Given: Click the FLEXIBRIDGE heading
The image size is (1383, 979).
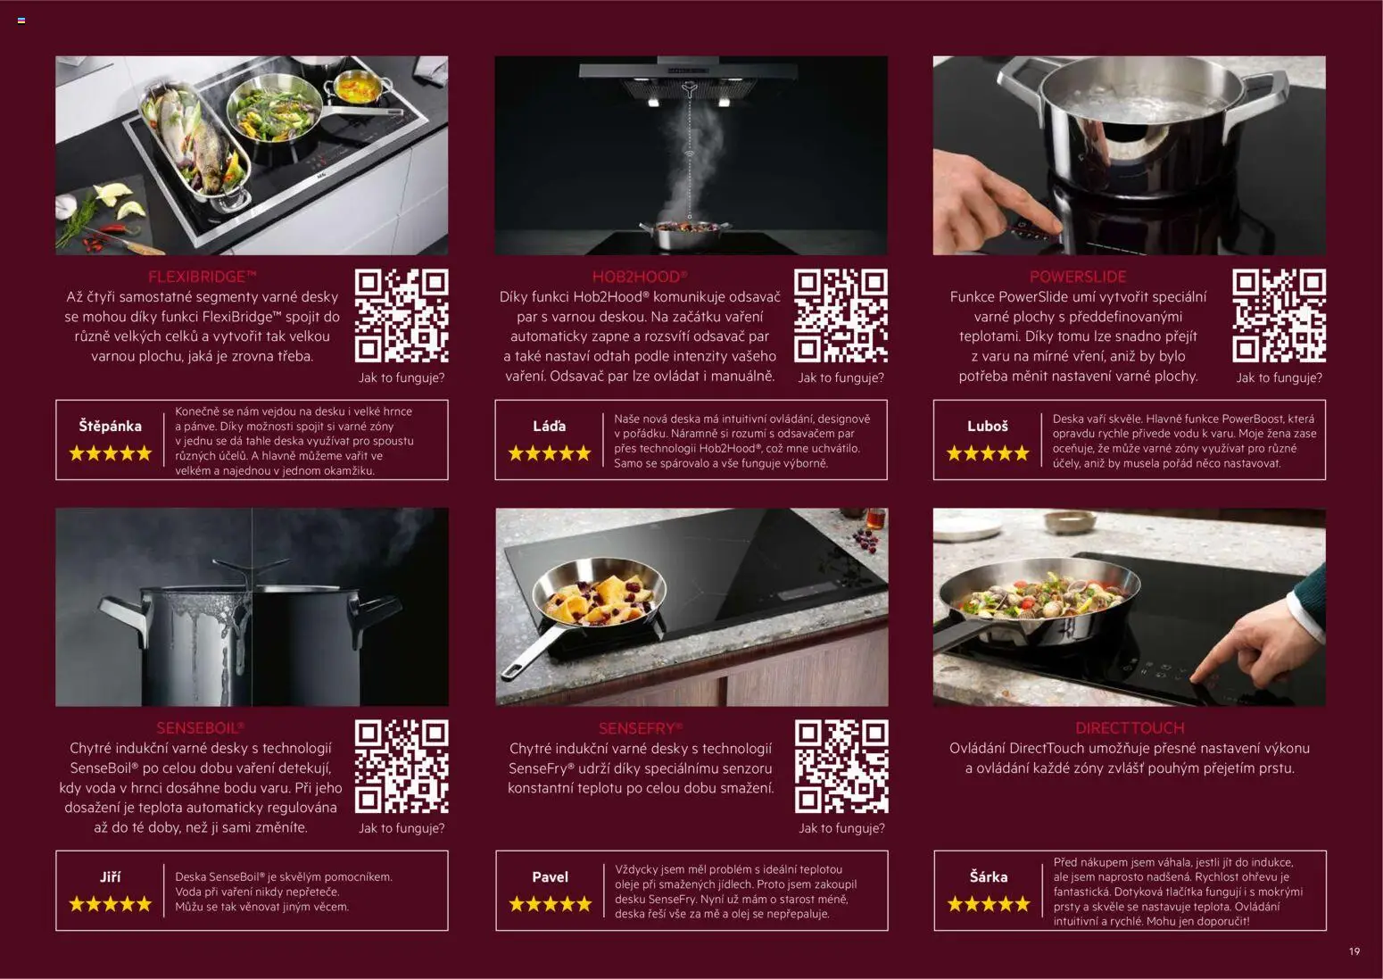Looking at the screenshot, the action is pos(202,277).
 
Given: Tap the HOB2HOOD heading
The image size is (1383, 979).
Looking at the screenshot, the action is pos(640,277).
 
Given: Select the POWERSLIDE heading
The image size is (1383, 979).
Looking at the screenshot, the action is pos(1077,277).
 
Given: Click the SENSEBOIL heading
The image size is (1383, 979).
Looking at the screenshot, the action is pos(201,728).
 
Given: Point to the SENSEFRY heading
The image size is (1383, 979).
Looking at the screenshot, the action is pos(641,729).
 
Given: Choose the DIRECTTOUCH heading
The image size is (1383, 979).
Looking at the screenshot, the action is pos(1130,728).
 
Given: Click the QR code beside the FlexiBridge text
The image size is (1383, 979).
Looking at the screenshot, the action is pos(402,316).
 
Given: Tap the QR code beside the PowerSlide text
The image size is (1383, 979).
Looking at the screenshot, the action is pos(1279,316).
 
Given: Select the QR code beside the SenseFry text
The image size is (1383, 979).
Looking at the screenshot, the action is pos(841,767).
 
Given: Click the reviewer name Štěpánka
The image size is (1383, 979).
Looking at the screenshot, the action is pos(110,427).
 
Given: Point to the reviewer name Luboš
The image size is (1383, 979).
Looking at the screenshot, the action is pos(987,427).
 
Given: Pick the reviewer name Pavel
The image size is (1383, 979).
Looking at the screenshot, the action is pos(550,877).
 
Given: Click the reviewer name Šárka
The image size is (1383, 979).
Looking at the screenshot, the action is pos(988,876).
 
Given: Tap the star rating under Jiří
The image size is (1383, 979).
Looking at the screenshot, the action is pos(111,904).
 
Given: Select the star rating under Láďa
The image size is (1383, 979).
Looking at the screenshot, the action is pos(550,454).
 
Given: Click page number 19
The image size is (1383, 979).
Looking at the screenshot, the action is pos(1354,951).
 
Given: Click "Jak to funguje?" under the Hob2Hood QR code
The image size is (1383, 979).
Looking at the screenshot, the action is pos(841,377).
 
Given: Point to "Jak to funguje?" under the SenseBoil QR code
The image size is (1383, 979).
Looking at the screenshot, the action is pos(402,828).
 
